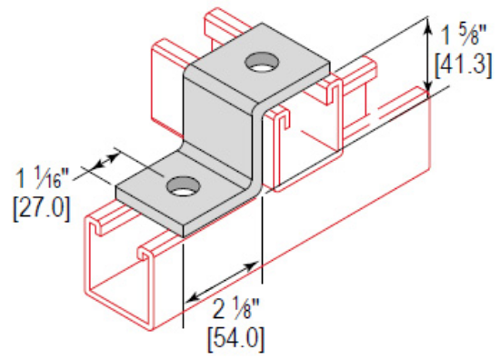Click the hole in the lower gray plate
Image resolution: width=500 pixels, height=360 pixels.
pos(178,188)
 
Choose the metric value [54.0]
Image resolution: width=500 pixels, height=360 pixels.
pos(235,340)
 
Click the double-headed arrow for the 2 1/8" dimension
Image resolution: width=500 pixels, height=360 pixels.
pos(223,282)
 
